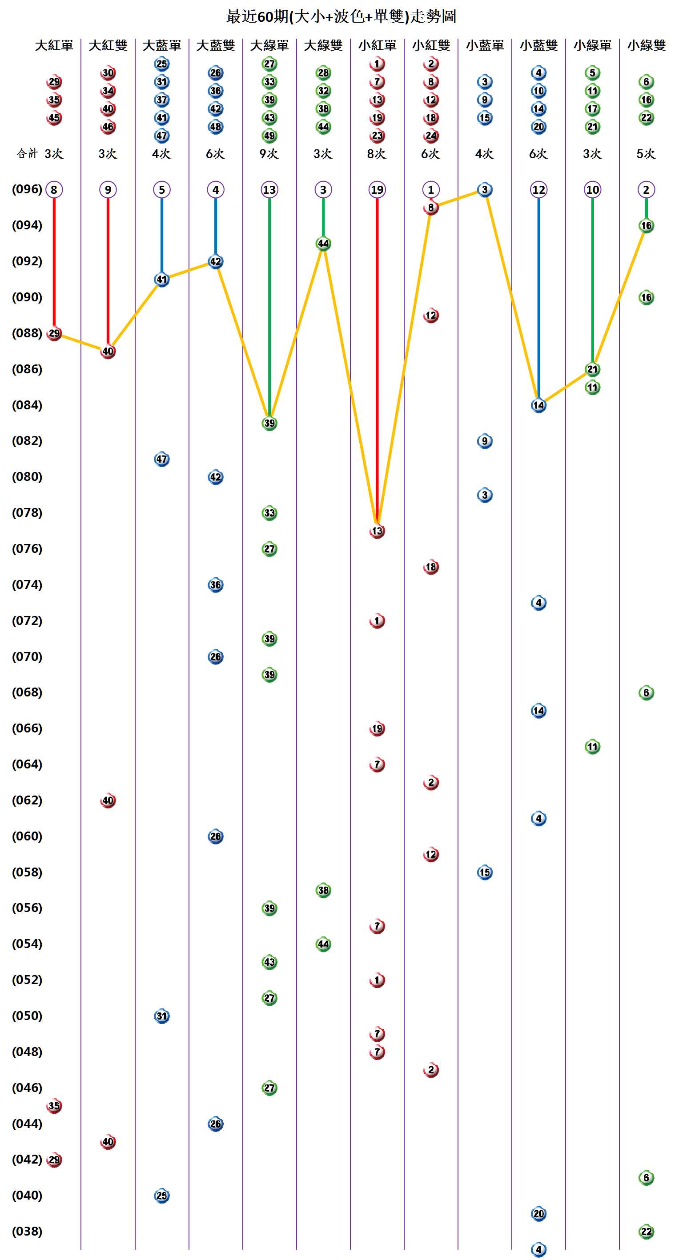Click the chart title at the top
click(x=341, y=16)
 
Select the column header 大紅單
click(x=54, y=45)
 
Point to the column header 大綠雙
click(x=323, y=45)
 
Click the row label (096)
click(x=27, y=189)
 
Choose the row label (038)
click(x=27, y=1231)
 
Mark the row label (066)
click(x=27, y=728)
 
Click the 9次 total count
click(x=269, y=154)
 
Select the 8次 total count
click(x=377, y=154)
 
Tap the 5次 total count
click(x=646, y=154)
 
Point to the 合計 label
click(x=27, y=154)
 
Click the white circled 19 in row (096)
click(x=377, y=190)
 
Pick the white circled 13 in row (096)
click(x=269, y=190)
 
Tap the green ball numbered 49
click(x=269, y=136)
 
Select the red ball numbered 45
click(x=54, y=118)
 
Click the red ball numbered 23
click(x=377, y=136)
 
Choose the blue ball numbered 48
click(x=216, y=127)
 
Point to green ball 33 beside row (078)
click(x=269, y=513)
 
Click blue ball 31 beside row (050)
click(x=162, y=1016)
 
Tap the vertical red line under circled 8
click(x=54, y=264)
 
